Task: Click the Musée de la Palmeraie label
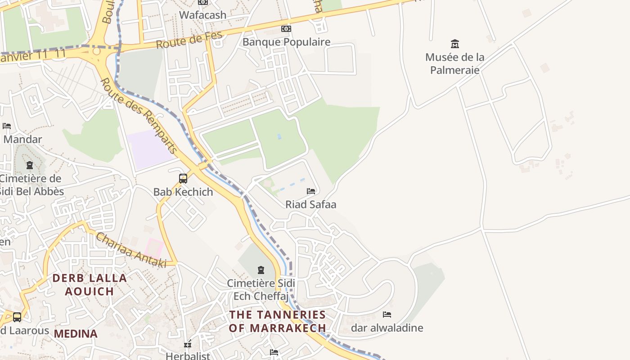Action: point(455,63)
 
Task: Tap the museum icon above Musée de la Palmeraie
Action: point(455,44)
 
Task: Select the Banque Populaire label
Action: point(286,42)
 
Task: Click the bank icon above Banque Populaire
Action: point(286,29)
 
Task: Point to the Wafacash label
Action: point(202,15)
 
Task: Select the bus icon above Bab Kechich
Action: point(183,179)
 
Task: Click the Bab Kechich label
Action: point(183,192)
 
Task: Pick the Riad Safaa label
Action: point(310,204)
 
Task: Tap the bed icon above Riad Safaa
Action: point(310,191)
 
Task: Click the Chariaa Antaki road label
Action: point(130,250)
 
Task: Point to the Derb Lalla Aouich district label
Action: point(90,284)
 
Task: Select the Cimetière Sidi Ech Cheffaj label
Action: point(261,289)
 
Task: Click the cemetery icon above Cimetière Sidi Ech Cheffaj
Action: point(261,270)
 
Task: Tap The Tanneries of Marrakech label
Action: point(277,321)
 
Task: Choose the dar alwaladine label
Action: point(387,328)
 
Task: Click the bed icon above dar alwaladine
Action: point(387,315)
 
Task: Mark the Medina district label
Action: point(76,333)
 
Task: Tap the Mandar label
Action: point(22,139)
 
